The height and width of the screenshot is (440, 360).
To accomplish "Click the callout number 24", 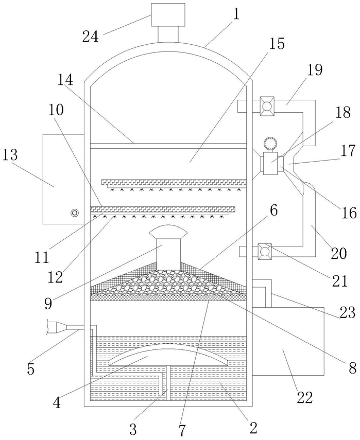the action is pos(91,37).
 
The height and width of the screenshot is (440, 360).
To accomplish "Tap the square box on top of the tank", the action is pos(168,14).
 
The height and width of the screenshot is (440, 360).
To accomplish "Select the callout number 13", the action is pos(11,154).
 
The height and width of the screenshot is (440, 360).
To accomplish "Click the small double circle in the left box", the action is pos(74,213).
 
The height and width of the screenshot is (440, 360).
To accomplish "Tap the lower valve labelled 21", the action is pos(265,251).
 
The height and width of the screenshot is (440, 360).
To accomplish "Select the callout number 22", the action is pos(305,397).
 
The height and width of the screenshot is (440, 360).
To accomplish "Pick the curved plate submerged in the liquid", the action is pos(168,355).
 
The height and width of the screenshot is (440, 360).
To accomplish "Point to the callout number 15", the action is pos(277,44).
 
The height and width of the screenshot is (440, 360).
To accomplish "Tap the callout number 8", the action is pos(353,368).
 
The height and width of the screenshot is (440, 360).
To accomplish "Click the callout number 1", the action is pos(236,14).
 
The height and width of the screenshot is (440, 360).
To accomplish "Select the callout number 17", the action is pos(349,150).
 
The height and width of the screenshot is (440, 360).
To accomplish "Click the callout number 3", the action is pos(133,429).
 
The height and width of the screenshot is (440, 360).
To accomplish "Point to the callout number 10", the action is pos(56,110).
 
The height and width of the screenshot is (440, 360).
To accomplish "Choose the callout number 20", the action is pos(339,253).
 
